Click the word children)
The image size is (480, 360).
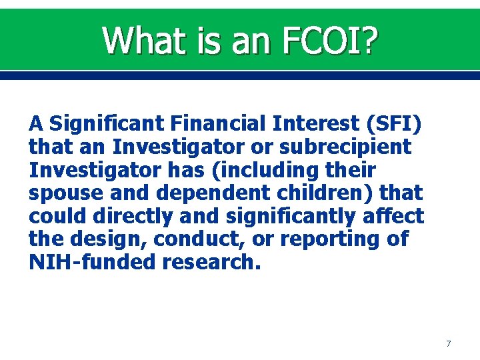point(319,193)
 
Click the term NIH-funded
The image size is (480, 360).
point(91,263)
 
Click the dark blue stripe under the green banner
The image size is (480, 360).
point(240,77)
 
